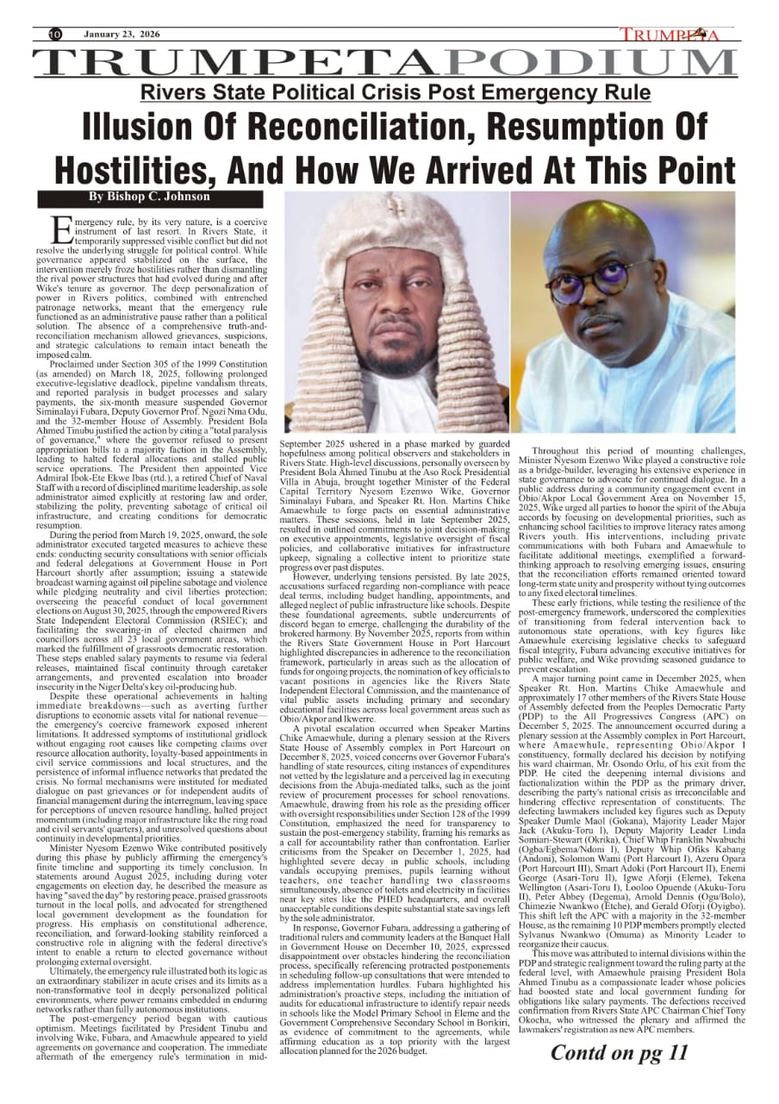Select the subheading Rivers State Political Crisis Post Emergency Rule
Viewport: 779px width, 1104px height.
(396, 92)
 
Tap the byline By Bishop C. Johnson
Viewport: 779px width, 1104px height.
(150, 197)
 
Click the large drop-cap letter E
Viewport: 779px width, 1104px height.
(62, 229)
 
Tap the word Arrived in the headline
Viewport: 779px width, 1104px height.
(459, 167)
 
